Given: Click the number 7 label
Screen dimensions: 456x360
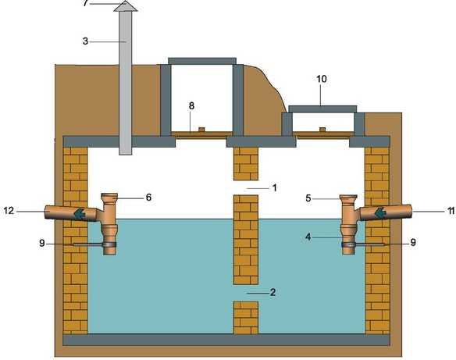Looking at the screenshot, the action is [x=85, y=3].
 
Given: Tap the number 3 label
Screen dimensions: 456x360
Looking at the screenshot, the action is [x=85, y=41].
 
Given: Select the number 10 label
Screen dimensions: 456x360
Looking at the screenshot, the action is [x=322, y=79].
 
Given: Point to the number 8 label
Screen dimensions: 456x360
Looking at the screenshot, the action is [x=191, y=106].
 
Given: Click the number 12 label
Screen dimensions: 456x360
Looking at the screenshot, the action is [x=9, y=210].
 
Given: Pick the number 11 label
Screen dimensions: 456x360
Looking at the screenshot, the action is [x=451, y=211].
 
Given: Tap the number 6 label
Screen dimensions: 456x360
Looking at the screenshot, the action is [x=148, y=198].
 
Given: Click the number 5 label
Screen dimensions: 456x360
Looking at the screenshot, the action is [x=308, y=198].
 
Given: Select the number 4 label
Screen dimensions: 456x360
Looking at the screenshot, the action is [x=308, y=237].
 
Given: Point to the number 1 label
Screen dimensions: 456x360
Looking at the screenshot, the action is [x=274, y=187].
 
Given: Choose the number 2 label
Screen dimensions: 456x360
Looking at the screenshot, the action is [x=273, y=292].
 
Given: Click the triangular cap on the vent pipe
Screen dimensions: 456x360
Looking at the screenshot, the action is [x=126, y=5].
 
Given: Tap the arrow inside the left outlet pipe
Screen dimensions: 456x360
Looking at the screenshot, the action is [x=80, y=213].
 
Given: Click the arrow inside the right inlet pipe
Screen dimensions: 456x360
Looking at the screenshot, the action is [x=379, y=212].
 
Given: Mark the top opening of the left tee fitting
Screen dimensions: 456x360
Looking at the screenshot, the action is [x=109, y=194].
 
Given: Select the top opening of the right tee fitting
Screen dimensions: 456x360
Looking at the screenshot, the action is [x=348, y=196].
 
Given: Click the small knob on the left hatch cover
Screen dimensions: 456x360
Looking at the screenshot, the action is [x=201, y=129].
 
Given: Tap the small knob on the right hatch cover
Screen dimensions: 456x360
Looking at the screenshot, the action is [x=322, y=130].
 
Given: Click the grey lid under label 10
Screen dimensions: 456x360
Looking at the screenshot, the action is [x=322, y=109].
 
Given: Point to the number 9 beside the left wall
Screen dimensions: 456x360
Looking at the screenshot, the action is [x=42, y=243].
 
